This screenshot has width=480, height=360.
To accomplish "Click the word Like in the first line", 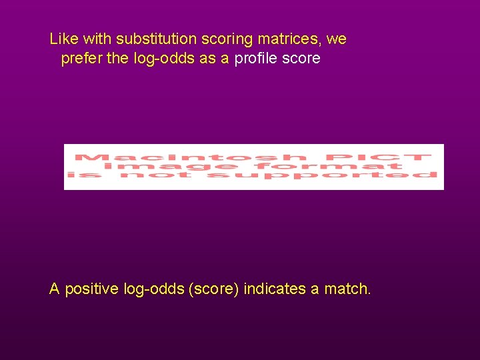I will pos(63,39).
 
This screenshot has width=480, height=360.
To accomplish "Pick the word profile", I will pos(257,59).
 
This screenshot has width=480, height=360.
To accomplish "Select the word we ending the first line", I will pos(336,39).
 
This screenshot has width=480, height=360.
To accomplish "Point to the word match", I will pos(347,289).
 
